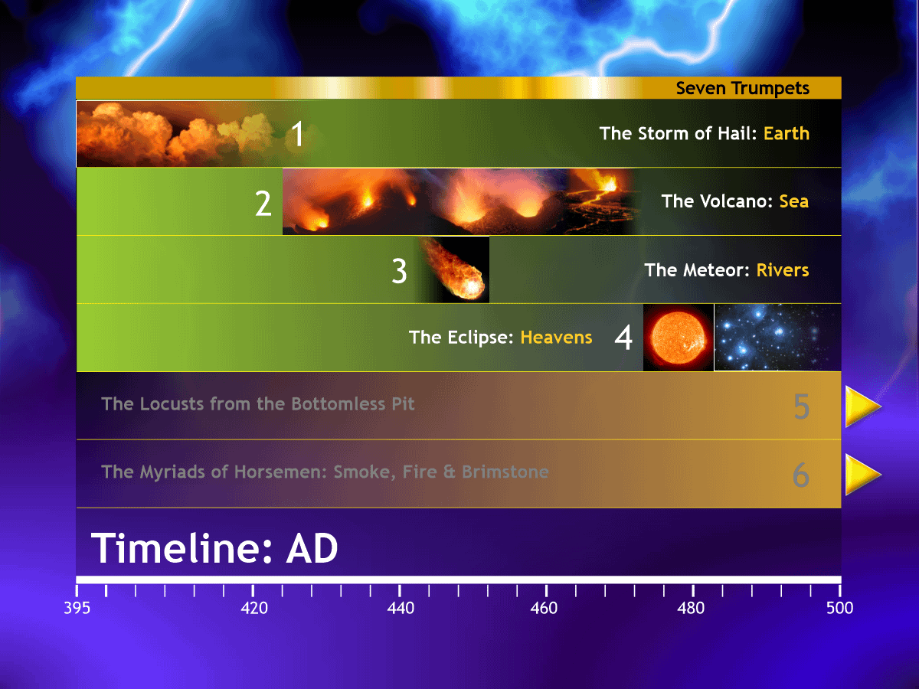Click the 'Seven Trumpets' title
pos(742,88)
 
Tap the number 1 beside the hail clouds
pos(297,134)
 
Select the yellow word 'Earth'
pos(787,133)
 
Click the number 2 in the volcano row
pos(263,204)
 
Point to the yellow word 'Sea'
pos(794,201)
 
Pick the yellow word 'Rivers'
pos(783,270)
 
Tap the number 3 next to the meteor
pos(399,271)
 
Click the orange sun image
pos(679,337)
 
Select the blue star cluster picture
pos(777,337)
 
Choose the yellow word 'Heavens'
pos(556,338)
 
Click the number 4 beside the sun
pos(623,338)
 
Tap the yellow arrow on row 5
pos(863,407)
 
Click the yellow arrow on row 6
pos(863,475)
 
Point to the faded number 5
pos(801,407)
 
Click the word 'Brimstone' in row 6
pos(505,472)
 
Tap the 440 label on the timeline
pos(401,608)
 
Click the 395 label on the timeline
pos(77,608)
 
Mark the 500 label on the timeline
pos(839,608)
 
